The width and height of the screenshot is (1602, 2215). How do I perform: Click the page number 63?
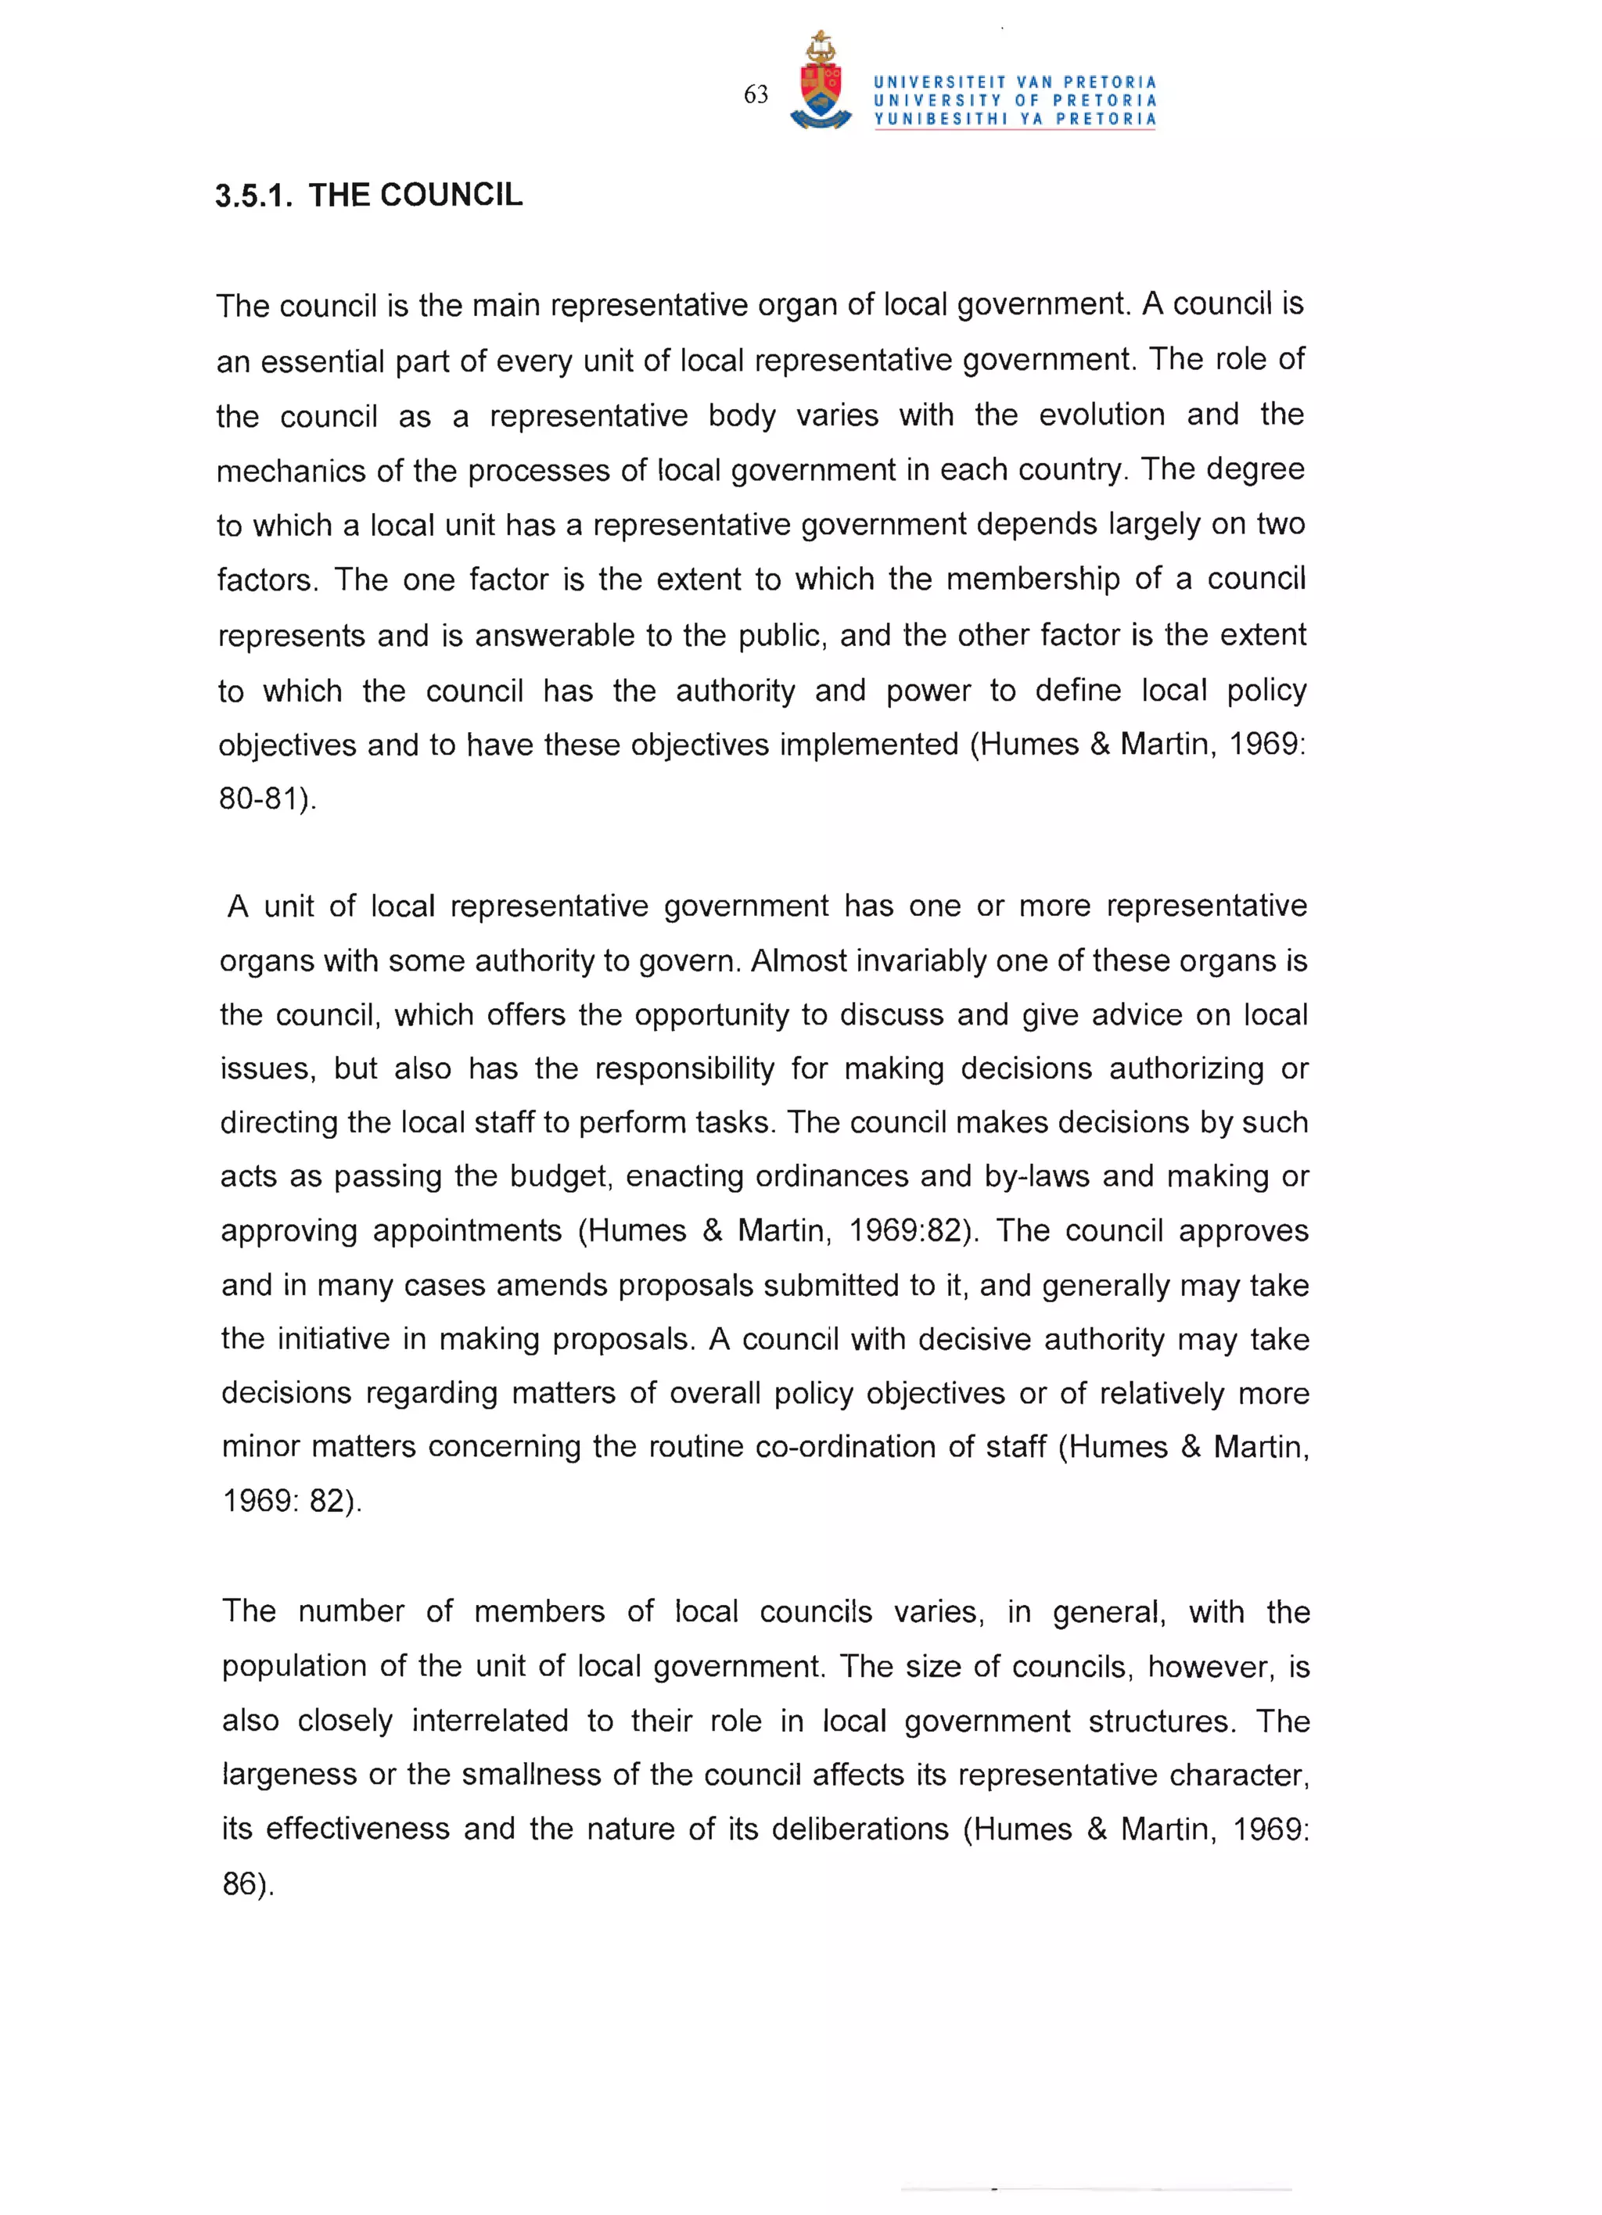[x=755, y=95]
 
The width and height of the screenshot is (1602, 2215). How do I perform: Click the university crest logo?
[x=821, y=83]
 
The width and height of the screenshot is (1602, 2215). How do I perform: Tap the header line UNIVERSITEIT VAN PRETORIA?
[x=1015, y=82]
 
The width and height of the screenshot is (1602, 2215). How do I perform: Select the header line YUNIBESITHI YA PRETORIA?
[x=1015, y=119]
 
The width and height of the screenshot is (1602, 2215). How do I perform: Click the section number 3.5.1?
[x=253, y=196]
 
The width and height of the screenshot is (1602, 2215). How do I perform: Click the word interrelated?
[x=490, y=1720]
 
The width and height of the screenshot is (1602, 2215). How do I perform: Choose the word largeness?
[x=289, y=1774]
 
